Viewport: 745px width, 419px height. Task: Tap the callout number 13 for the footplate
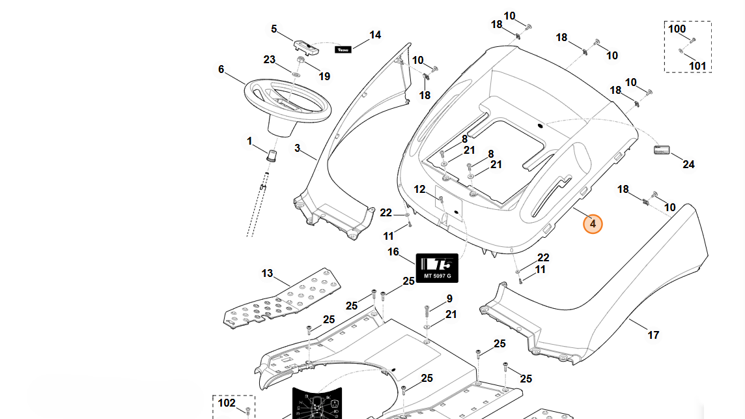[268, 273]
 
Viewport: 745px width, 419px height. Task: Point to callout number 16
[393, 252]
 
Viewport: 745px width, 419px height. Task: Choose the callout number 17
[653, 335]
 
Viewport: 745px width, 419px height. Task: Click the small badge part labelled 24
[662, 151]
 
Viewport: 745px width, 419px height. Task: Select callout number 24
[688, 164]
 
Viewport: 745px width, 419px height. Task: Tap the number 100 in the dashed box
[677, 29]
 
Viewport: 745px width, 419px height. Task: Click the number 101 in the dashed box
[697, 66]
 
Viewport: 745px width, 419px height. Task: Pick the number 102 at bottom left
[226, 403]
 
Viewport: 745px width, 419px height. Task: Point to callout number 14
[375, 35]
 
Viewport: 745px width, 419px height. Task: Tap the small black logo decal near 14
[343, 49]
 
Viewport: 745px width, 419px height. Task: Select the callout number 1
[249, 141]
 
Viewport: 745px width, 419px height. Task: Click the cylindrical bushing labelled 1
[272, 155]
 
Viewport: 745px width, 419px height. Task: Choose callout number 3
[297, 148]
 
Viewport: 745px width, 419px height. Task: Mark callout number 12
[419, 190]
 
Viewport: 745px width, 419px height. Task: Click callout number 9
[449, 299]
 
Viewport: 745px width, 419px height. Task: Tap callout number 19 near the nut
[324, 76]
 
